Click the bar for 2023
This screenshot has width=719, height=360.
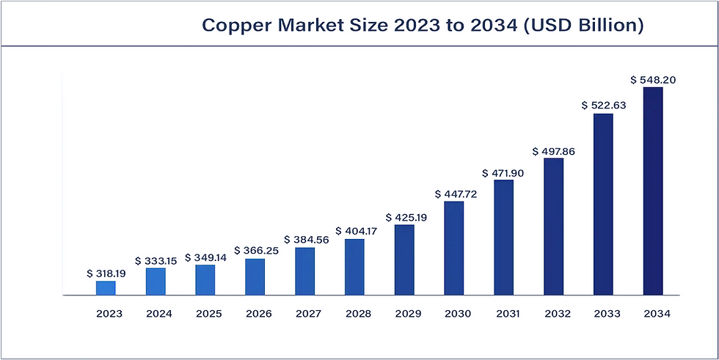(x=106, y=288)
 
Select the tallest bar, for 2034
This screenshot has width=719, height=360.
(x=653, y=191)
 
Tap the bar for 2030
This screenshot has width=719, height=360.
(x=454, y=249)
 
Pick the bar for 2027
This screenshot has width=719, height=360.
(x=305, y=271)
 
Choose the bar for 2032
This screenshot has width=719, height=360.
(x=553, y=227)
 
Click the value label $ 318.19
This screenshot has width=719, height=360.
(x=106, y=273)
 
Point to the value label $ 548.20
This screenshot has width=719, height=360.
(x=653, y=79)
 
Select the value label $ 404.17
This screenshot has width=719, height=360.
(x=354, y=231)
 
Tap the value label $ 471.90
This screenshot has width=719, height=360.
(x=503, y=173)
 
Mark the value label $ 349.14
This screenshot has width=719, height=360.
(x=205, y=257)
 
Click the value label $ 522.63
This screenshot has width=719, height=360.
(x=603, y=106)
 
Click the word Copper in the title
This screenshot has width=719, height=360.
(x=237, y=26)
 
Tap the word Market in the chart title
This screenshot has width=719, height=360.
(x=310, y=26)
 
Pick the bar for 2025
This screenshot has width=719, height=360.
(x=205, y=280)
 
